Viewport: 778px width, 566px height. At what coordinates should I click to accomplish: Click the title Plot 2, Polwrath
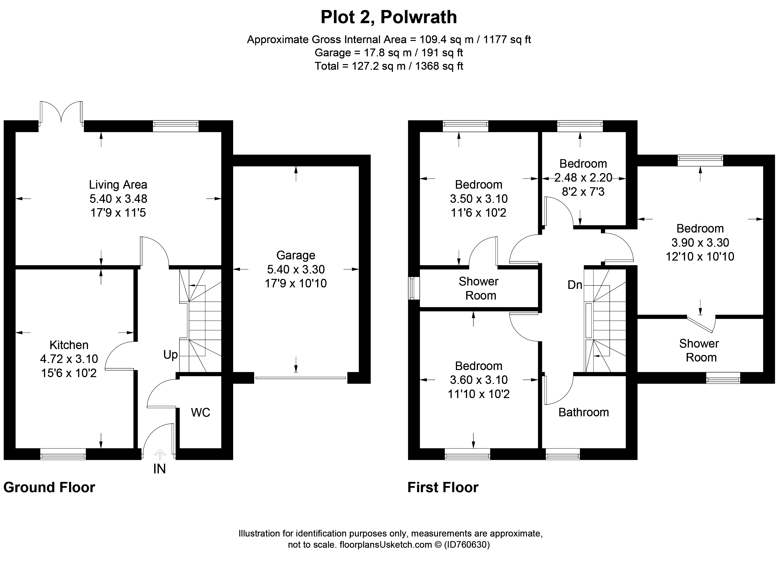389,17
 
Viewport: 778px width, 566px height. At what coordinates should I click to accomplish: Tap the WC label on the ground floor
200,412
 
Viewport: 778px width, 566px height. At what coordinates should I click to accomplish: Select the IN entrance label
160,469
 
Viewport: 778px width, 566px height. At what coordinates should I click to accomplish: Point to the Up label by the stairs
170,355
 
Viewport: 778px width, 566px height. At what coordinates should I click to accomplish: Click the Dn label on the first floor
575,285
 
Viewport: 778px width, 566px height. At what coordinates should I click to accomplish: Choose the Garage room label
296,255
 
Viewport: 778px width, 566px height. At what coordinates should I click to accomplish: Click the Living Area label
118,185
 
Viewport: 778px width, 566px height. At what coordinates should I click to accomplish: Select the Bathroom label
583,412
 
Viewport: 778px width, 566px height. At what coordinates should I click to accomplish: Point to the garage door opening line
300,378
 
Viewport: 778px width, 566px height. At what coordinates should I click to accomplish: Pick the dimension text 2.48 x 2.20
583,178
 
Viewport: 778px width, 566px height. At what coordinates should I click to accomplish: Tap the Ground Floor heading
49,487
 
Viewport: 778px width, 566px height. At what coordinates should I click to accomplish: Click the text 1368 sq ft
439,66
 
